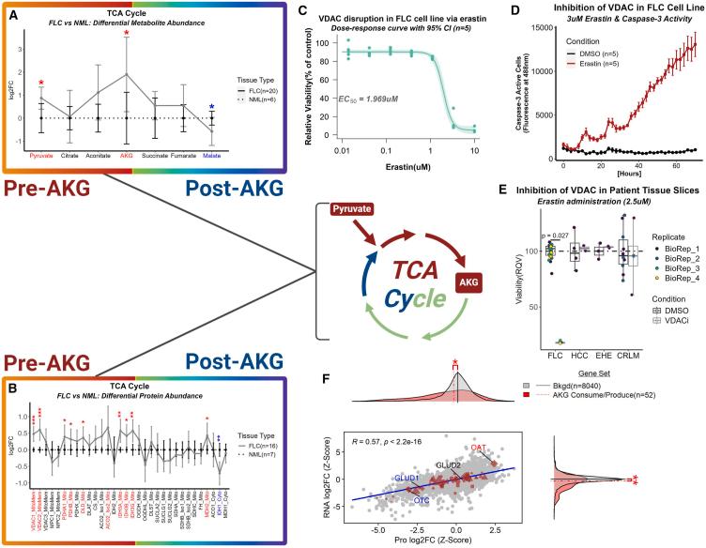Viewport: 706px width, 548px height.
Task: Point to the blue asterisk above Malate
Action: tap(212, 107)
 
